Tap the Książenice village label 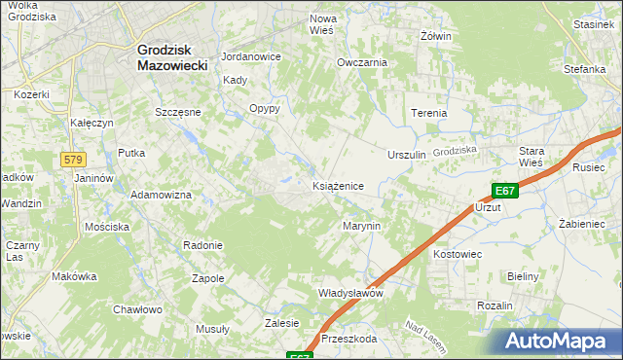[338, 185]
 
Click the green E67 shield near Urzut [504, 192]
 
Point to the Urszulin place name [407, 156]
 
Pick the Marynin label [360, 226]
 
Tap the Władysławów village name [351, 293]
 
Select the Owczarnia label [362, 62]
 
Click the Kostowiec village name [458, 254]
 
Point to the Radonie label [202, 245]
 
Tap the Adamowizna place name [162, 195]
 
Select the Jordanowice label [251, 56]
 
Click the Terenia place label [428, 113]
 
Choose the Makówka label [74, 276]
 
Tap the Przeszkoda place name [348, 340]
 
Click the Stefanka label [584, 70]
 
